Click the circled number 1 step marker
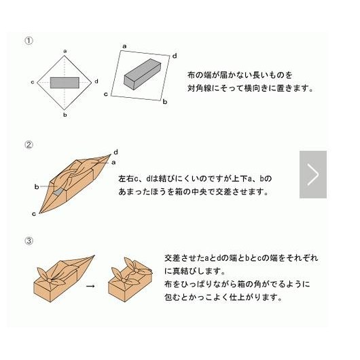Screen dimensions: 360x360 tap(29, 41)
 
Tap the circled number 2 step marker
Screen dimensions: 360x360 tap(29, 145)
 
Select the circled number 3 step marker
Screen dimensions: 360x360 tap(29, 241)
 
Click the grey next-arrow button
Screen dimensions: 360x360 tap(313, 175)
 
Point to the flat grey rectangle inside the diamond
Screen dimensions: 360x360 tap(65, 83)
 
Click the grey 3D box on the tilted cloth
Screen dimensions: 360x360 tap(143, 74)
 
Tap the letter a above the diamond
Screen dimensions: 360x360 tap(65, 51)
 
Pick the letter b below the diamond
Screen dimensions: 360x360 tap(65, 115)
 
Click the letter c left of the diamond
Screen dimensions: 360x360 tap(33, 82)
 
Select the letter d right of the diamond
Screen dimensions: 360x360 tap(96, 82)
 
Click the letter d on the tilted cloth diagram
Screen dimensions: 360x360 tap(175, 56)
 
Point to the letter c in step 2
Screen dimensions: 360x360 tap(34, 214)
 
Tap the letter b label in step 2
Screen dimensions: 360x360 tap(37, 187)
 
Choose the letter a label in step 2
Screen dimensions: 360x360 tap(113, 162)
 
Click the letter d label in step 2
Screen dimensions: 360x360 tap(116, 152)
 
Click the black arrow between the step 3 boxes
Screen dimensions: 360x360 tap(90, 286)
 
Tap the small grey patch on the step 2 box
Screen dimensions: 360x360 tap(58, 192)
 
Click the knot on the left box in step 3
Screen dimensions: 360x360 tap(50, 280)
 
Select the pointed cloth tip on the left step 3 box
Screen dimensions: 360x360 tap(94, 255)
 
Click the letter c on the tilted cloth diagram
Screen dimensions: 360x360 tap(106, 94)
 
